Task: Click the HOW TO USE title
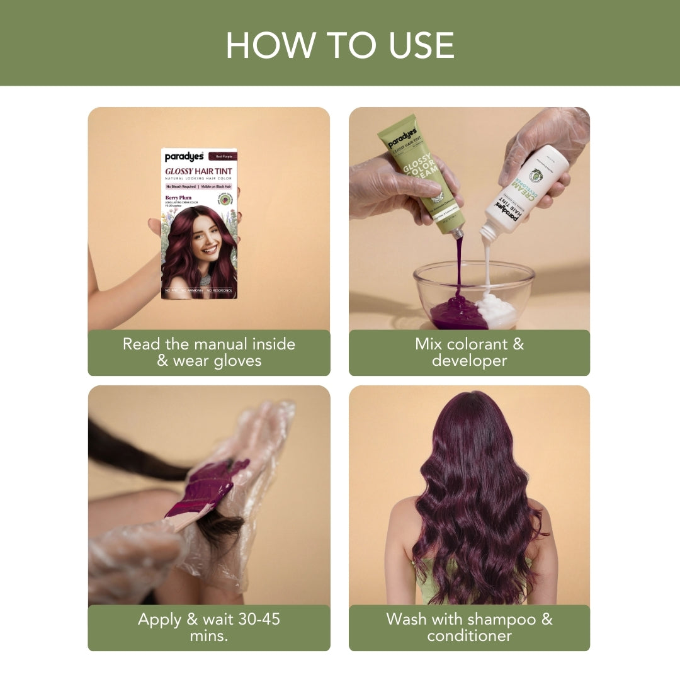[x=340, y=45]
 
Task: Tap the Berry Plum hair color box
[x=199, y=224]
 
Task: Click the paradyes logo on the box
[x=184, y=157]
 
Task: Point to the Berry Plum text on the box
[x=178, y=197]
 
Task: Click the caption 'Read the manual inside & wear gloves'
[x=209, y=353]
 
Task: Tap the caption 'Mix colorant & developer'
[x=469, y=353]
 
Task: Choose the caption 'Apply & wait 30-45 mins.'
[x=209, y=627]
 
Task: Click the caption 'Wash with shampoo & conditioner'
[x=469, y=627]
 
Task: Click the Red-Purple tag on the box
[x=225, y=154]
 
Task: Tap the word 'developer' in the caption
[x=469, y=361]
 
